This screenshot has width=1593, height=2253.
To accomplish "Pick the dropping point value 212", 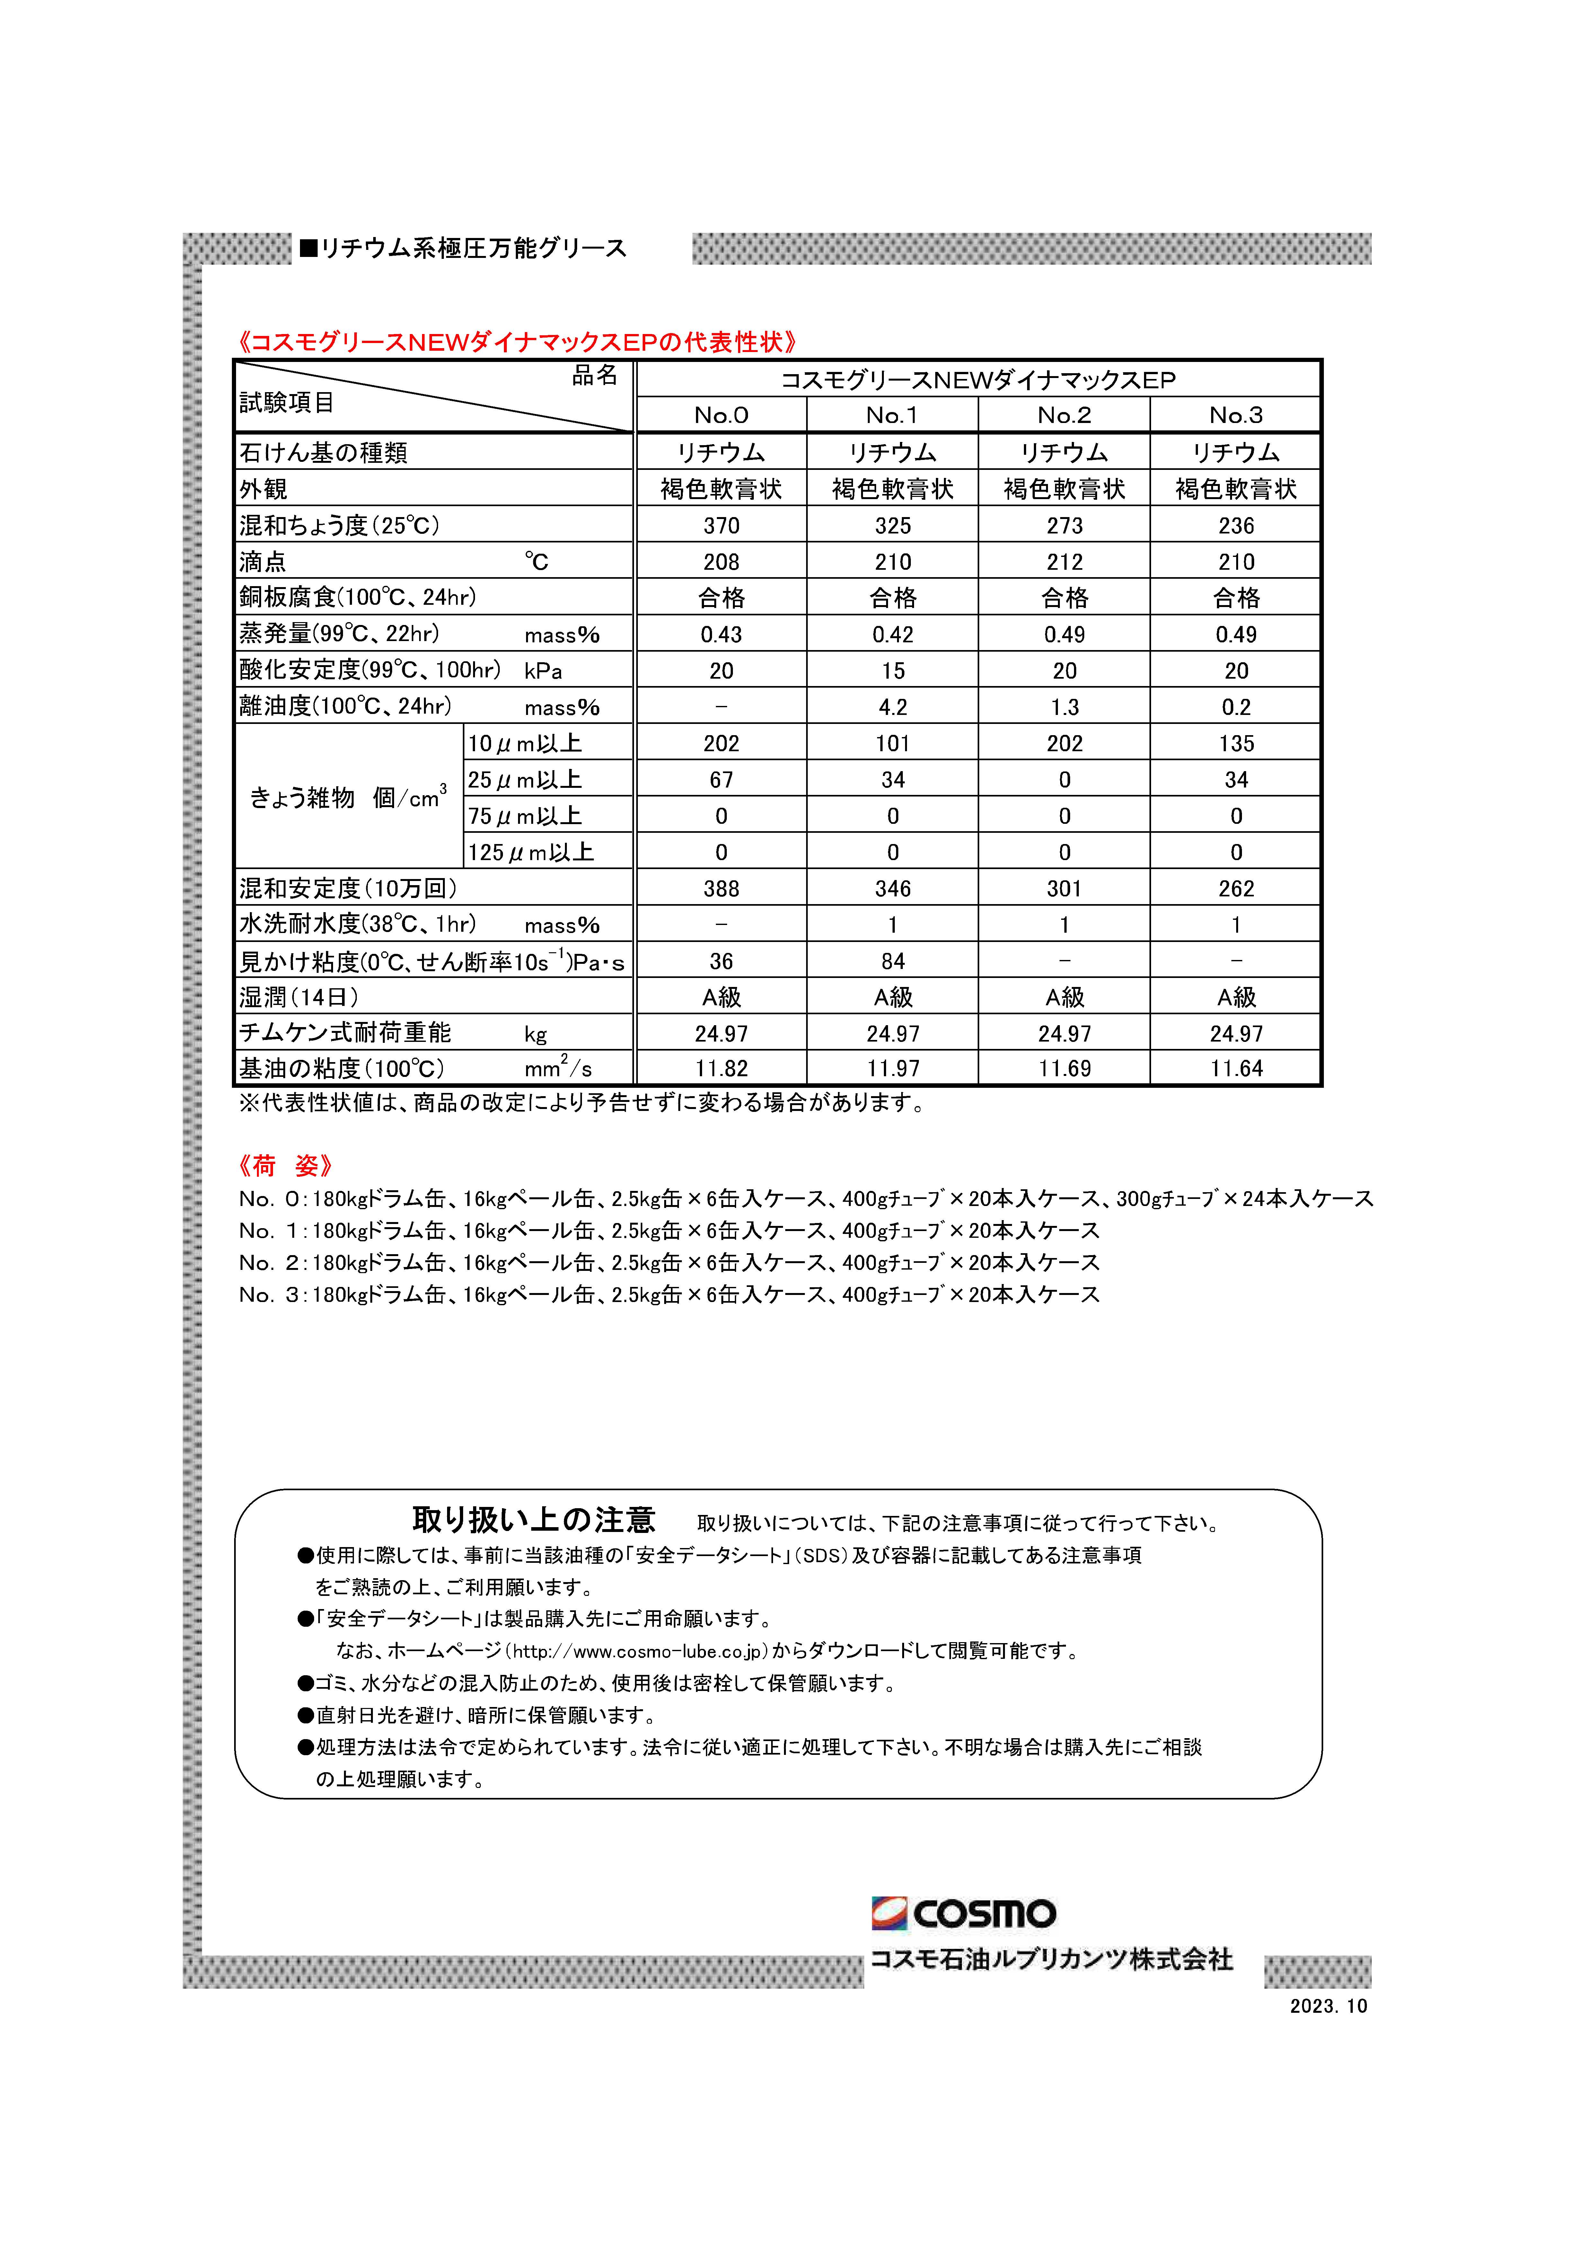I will (1064, 562).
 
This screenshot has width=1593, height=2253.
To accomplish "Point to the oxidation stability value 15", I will (892, 671).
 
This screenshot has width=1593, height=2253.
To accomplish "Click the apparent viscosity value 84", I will (892, 962).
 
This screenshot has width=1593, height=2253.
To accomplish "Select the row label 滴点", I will (263, 562).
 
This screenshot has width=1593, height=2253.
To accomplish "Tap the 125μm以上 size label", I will (530, 853).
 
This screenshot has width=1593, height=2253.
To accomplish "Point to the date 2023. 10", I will (1327, 2007).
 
